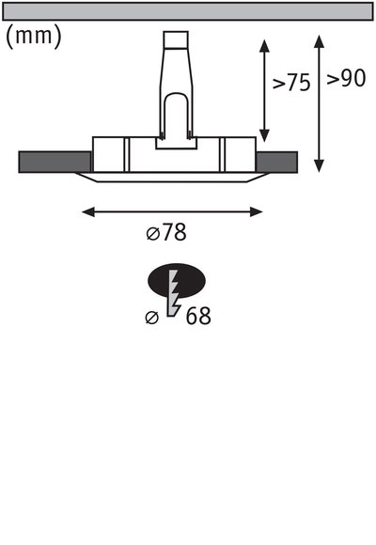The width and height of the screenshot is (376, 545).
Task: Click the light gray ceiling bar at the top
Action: (x=188, y=11)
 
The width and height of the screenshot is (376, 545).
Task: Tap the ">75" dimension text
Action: (x=291, y=83)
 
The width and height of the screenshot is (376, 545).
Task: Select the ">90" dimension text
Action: (x=346, y=80)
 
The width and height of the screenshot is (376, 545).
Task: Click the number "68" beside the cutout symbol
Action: (x=197, y=316)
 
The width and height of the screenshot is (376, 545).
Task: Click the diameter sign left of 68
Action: (x=152, y=318)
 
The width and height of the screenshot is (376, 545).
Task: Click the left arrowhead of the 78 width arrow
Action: (x=87, y=212)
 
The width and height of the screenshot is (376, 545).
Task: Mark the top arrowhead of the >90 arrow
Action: (x=320, y=39)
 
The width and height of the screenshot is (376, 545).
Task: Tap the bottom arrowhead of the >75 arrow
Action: (x=265, y=134)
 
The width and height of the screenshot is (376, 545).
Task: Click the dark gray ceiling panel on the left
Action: (x=55, y=163)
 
